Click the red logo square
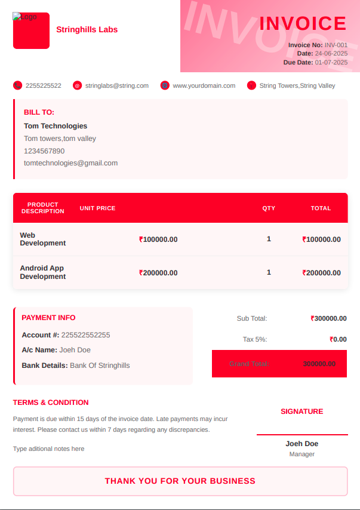coord(31,31)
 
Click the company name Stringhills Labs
coord(87,30)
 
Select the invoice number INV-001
coord(336,45)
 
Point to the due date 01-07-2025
coord(331,62)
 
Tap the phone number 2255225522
coord(43,85)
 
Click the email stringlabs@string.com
coord(117,85)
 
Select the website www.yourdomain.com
coord(204,85)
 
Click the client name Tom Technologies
coord(56,126)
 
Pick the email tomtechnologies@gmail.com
coord(70,162)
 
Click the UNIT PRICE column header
coord(97,208)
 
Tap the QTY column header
coord(269,208)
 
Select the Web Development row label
coord(42,239)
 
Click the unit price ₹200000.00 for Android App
coord(158,273)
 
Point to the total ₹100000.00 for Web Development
coord(322,239)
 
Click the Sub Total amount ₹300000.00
coord(328,318)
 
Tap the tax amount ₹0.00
coord(338,339)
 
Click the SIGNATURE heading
coord(301,411)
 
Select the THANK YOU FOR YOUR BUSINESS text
coord(180,481)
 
